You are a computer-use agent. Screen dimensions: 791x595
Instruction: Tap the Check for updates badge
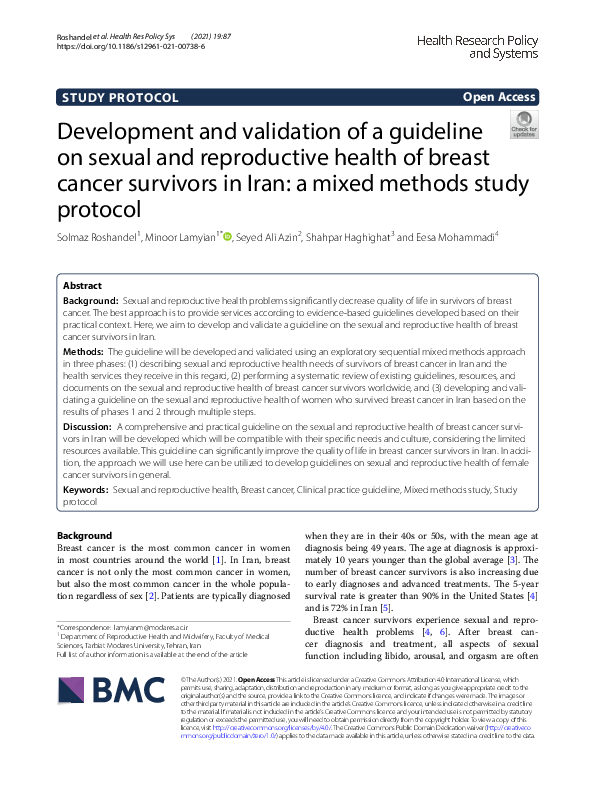(523, 126)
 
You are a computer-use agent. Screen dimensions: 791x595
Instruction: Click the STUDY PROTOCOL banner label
(121, 97)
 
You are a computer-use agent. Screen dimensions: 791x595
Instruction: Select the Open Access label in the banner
(500, 97)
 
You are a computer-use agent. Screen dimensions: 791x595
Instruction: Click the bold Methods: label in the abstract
(84, 353)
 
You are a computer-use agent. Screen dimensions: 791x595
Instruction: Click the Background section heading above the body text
(85, 535)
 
